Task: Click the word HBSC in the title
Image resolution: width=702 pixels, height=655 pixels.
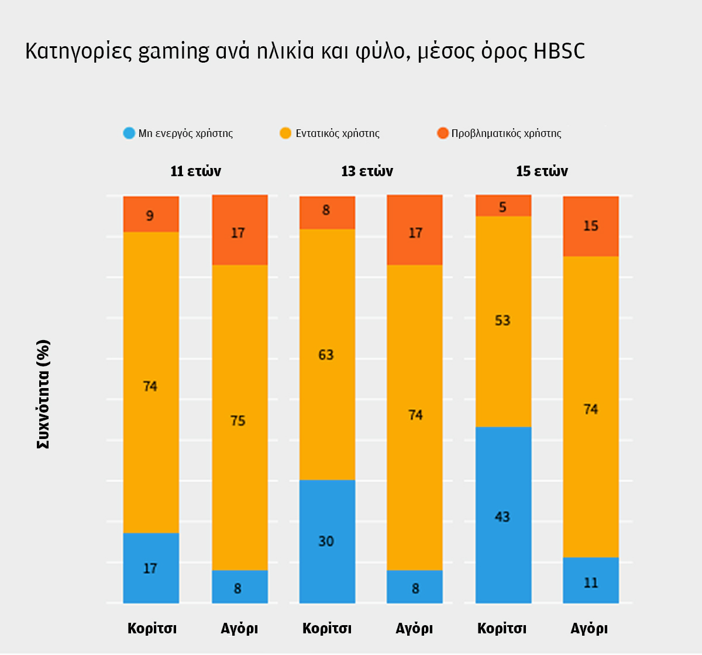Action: [x=559, y=52]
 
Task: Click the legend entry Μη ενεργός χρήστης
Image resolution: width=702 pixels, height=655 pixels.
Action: [x=185, y=133]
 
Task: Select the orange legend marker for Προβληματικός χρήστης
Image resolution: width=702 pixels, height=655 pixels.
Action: [x=442, y=133]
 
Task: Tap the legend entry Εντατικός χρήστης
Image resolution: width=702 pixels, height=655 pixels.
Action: [x=337, y=133]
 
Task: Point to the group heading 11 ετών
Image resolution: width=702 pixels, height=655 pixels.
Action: [x=195, y=172]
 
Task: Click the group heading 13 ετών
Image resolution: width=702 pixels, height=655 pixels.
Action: [x=367, y=172]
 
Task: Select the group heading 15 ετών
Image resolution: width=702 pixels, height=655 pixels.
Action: [x=542, y=172]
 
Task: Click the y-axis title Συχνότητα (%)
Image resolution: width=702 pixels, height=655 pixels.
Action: [x=43, y=394]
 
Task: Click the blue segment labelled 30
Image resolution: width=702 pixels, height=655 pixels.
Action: [x=326, y=541]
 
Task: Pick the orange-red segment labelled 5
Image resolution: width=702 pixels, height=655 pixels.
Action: [x=503, y=206]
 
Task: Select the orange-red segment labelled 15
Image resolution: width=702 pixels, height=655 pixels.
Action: [x=591, y=226]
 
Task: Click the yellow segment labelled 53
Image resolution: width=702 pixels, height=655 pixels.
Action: [x=503, y=321]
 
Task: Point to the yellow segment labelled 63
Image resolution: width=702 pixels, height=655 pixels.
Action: [x=326, y=355]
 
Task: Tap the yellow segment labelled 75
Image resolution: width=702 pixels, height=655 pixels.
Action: [x=239, y=420]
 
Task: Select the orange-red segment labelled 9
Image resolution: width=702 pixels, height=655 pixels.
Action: [x=150, y=215]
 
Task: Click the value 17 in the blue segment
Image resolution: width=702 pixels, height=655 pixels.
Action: [x=150, y=568]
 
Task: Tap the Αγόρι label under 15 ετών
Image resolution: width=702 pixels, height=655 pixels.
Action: [x=589, y=629]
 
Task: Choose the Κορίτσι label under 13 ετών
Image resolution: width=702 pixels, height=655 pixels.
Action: [x=326, y=629]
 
